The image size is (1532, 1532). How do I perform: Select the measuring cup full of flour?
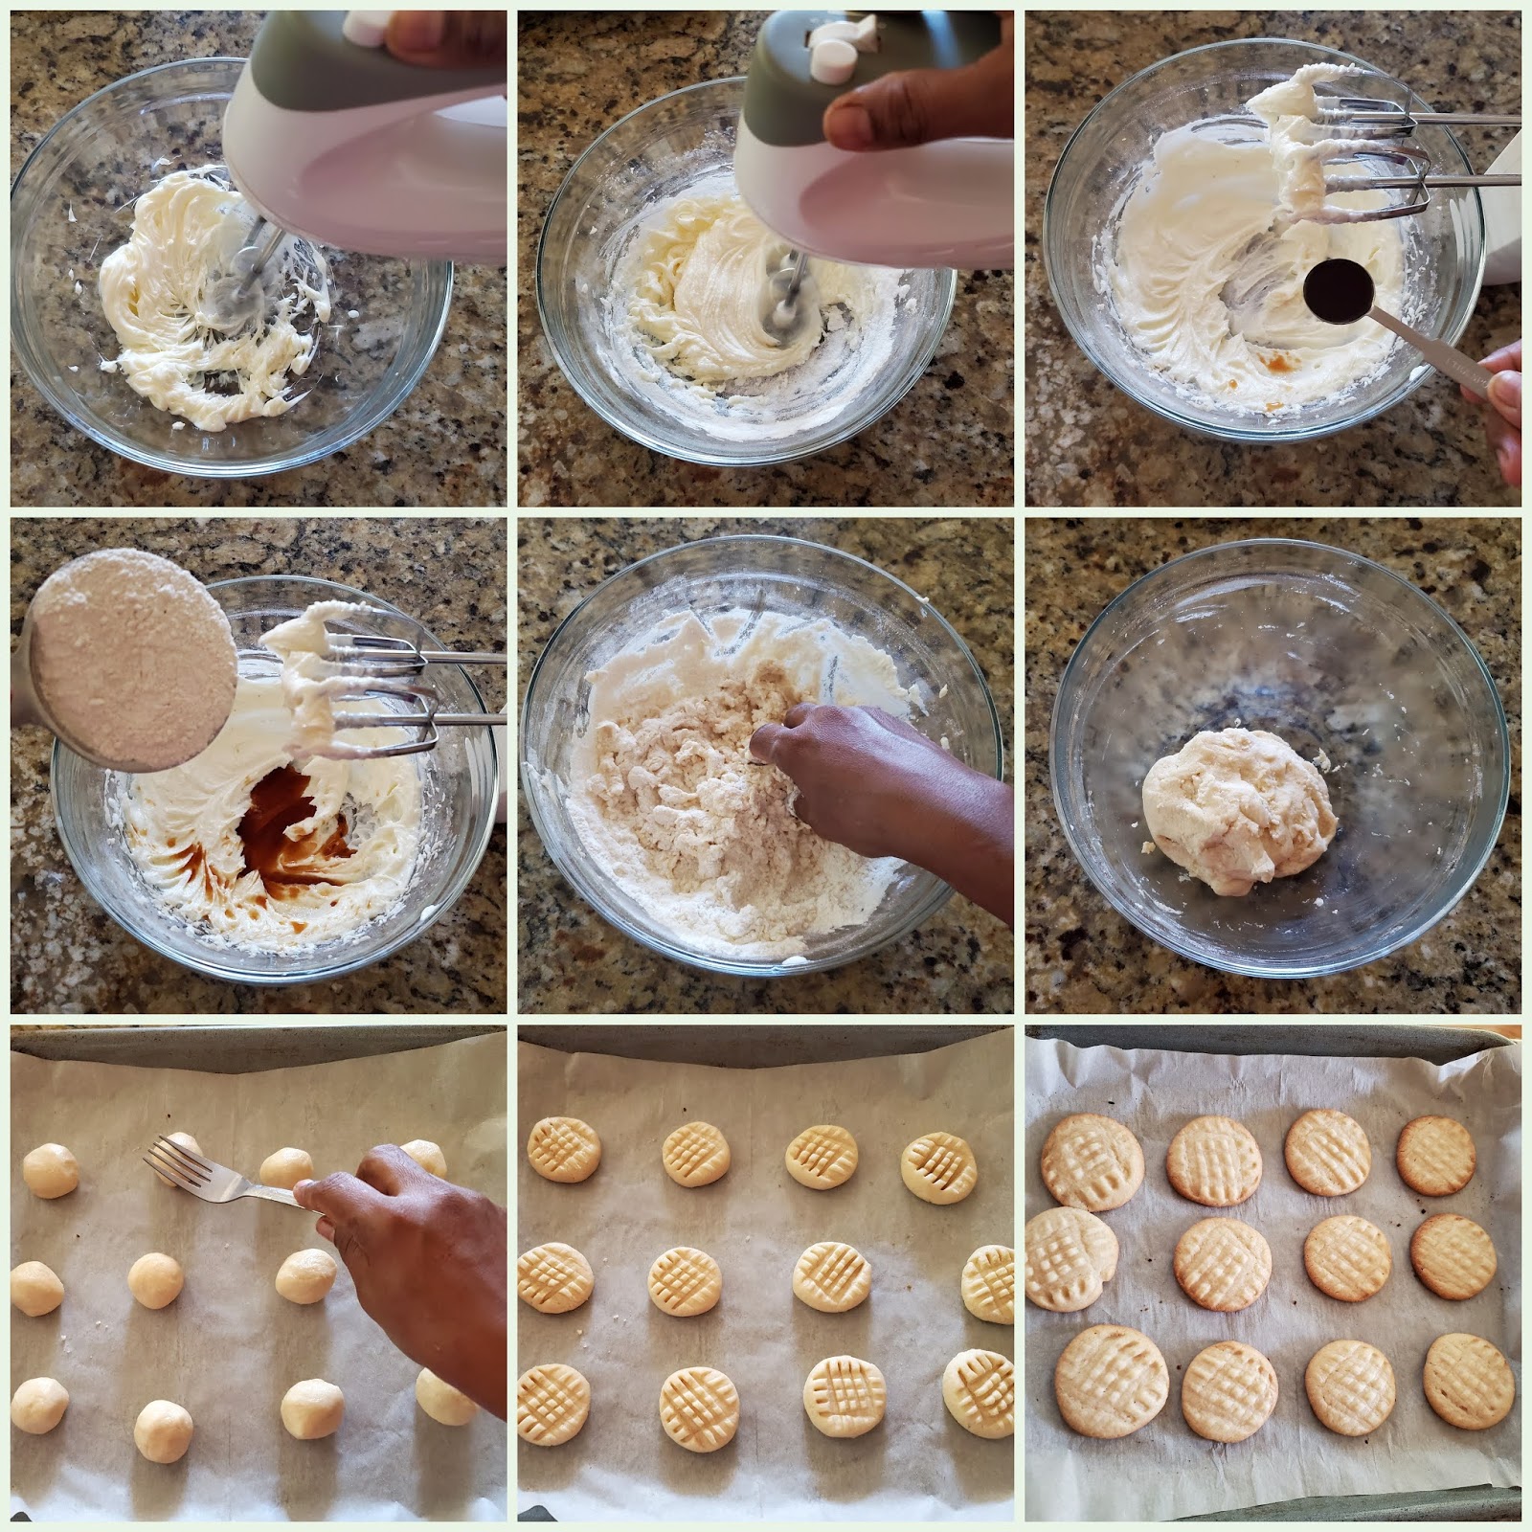point(129,661)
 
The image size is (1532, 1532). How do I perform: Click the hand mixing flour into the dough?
point(862,776)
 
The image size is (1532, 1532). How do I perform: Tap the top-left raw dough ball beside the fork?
point(50,1170)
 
